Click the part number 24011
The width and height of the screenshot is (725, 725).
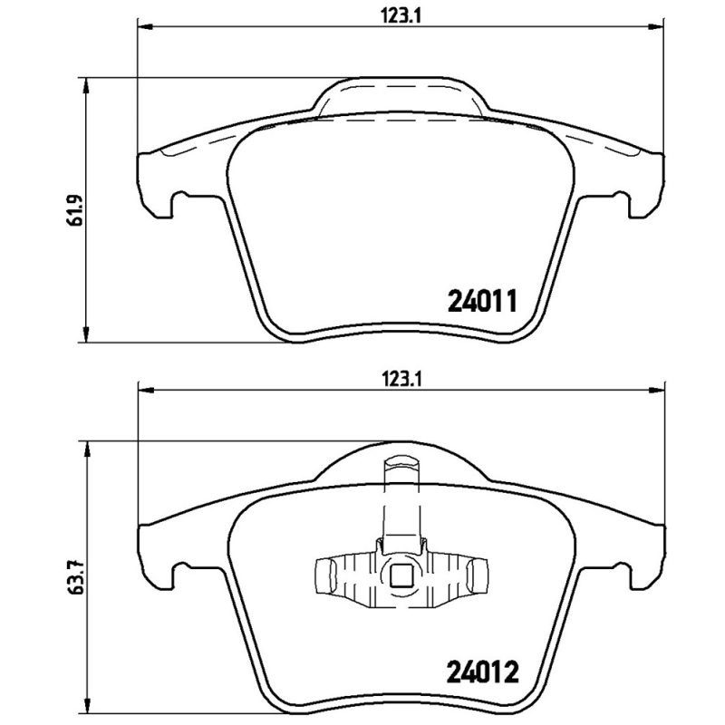coord(482,300)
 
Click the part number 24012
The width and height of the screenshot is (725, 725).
coord(482,673)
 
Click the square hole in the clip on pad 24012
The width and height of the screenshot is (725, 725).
coord(401,574)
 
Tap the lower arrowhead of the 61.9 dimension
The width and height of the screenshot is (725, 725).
coord(86,337)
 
